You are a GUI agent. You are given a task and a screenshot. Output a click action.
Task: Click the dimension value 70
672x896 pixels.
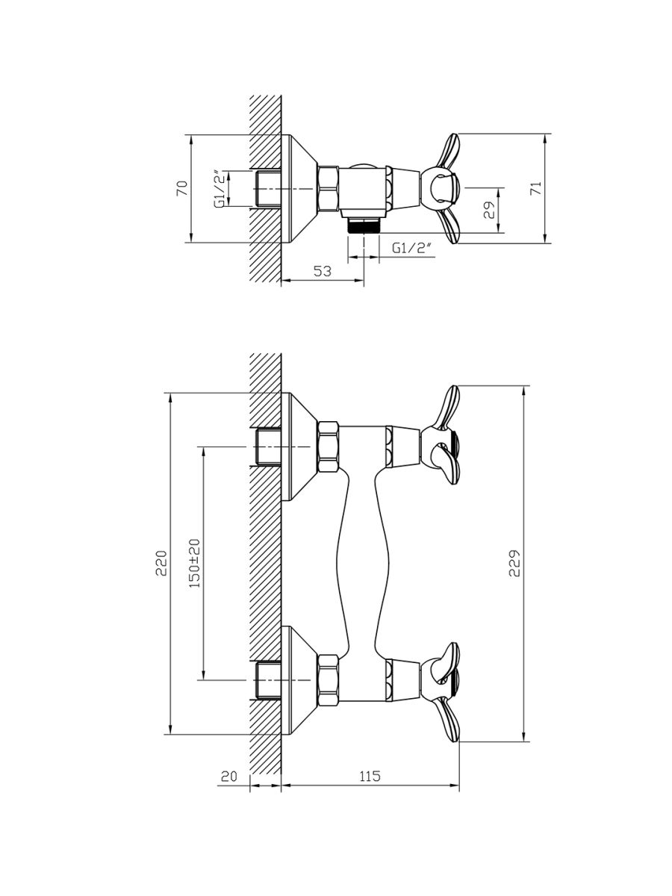(x=183, y=187)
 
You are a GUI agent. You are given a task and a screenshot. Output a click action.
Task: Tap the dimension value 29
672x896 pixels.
(x=490, y=210)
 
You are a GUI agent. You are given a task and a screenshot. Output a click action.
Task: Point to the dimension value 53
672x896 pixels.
(x=323, y=270)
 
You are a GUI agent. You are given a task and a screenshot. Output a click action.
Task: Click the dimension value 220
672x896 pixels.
(x=161, y=563)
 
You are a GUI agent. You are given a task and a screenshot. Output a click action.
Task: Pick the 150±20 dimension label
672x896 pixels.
(x=195, y=563)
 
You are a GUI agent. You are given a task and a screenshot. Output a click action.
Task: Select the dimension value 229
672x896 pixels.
(x=514, y=563)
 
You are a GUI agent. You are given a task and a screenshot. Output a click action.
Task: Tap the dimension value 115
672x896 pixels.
(x=370, y=776)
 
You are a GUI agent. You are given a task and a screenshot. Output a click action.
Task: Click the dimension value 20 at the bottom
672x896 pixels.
(x=229, y=776)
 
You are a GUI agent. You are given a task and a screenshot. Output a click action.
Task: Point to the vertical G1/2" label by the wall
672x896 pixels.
(x=220, y=189)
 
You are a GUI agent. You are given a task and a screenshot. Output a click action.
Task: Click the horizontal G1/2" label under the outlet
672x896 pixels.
(x=411, y=248)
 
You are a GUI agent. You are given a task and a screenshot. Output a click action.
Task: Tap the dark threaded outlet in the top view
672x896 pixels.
(x=364, y=225)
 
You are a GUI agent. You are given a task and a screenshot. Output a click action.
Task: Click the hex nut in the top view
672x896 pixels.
(x=328, y=189)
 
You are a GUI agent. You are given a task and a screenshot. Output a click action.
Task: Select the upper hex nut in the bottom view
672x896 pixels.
(x=328, y=447)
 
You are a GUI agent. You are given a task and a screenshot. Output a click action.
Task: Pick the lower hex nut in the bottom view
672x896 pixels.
(x=328, y=680)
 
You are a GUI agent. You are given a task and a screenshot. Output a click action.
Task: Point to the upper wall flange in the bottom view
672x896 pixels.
(x=299, y=447)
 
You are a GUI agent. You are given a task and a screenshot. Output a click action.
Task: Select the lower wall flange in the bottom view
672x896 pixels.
(x=299, y=680)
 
